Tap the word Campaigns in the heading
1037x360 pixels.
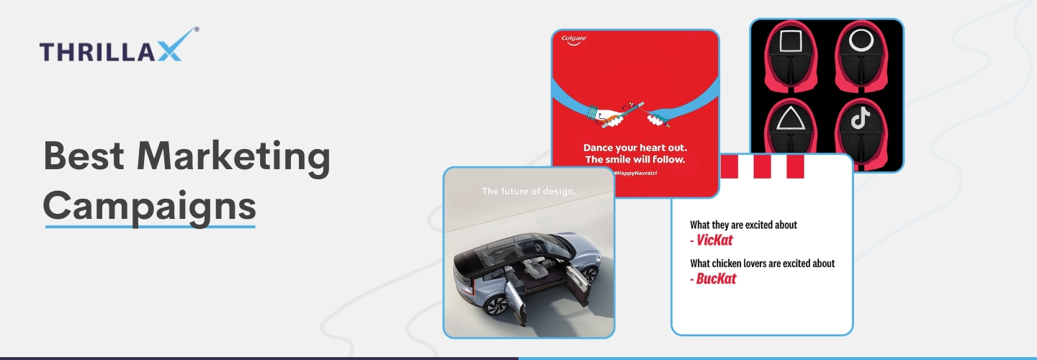(150, 207)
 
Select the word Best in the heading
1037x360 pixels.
(84, 156)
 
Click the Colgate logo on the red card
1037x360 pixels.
(574, 40)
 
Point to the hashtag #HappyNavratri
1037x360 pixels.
(635, 173)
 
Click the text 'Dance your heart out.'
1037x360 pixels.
(635, 148)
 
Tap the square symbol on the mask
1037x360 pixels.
(791, 41)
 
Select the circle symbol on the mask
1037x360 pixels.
(861, 40)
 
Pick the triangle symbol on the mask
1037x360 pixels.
(791, 119)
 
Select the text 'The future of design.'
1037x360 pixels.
(529, 191)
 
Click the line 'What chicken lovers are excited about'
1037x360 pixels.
(763, 264)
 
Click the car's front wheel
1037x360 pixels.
(496, 306)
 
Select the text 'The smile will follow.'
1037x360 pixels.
(635, 160)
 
